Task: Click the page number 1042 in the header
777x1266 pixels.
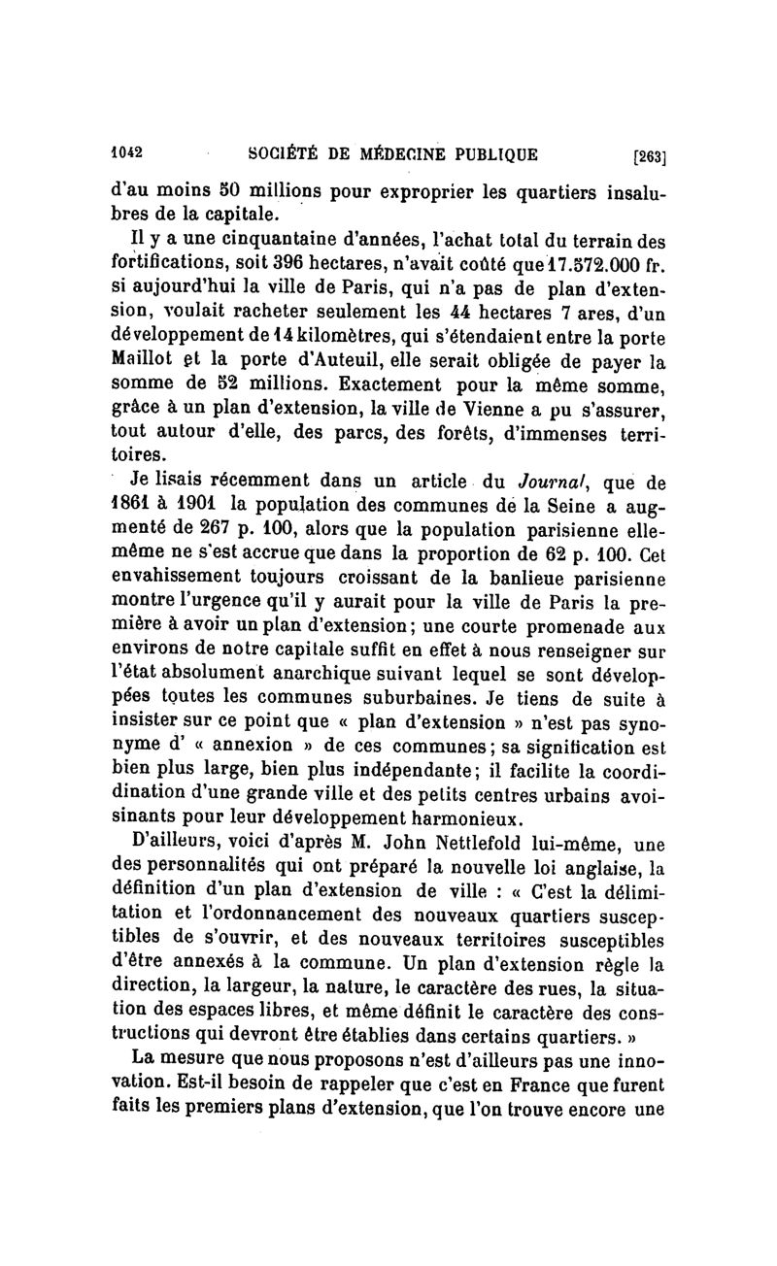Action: click(125, 152)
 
